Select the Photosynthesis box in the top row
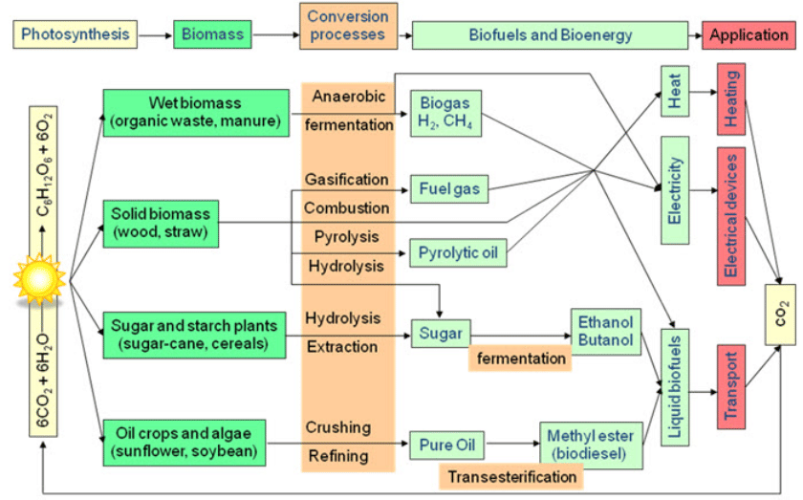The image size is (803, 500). click(x=75, y=35)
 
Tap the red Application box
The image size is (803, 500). click(x=749, y=35)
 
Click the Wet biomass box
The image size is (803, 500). click(x=195, y=112)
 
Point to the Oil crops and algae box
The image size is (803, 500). click(x=182, y=443)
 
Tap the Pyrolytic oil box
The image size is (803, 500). click(x=457, y=254)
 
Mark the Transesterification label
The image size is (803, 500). click(x=510, y=475)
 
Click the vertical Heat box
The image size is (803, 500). click(x=674, y=92)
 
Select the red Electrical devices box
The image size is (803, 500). click(x=730, y=215)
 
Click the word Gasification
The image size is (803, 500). click(x=347, y=180)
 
